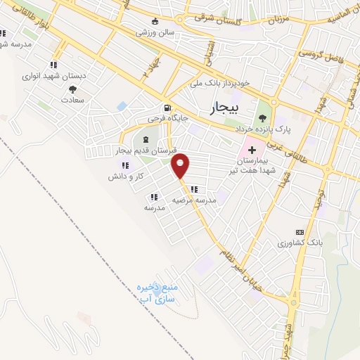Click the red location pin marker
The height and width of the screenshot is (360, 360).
(x=181, y=165)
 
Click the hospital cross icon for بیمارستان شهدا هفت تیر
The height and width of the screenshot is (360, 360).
(x=252, y=151)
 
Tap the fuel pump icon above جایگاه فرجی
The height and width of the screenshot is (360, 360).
(x=167, y=109)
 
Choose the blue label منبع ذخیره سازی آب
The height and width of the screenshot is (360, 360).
(x=155, y=293)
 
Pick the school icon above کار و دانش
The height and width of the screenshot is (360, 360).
(x=125, y=165)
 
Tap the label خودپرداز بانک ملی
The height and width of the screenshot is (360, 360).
(x=220, y=82)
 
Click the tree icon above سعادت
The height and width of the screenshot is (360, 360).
(x=73, y=89)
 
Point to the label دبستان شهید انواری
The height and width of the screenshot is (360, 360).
(x=63, y=75)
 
